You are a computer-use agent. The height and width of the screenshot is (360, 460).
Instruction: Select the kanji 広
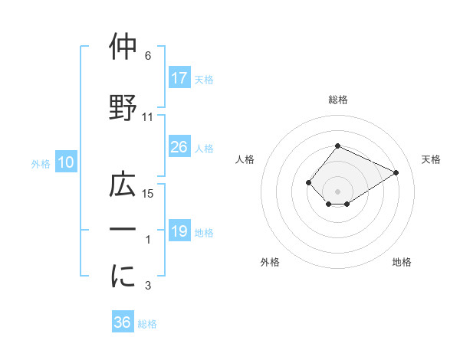123,185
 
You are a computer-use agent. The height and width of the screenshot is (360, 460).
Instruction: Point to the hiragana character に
123,277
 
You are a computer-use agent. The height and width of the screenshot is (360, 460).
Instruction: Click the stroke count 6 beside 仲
148,56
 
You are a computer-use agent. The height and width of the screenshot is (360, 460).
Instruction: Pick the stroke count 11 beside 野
148,117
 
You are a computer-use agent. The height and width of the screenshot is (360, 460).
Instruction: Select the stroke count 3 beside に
148,286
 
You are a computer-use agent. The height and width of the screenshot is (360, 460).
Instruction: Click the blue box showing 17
179,77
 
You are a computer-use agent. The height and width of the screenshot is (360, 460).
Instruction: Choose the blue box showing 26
179,147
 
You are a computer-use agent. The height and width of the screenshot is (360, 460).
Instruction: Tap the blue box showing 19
179,231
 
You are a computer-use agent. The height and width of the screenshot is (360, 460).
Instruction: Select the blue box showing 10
65,162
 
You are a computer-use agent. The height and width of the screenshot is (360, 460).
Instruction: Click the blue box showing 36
122,322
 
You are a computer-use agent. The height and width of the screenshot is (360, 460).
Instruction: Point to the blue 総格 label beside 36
148,323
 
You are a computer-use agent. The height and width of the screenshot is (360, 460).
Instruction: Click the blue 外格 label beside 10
41,163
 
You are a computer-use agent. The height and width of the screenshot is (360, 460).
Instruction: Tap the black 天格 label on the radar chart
431,159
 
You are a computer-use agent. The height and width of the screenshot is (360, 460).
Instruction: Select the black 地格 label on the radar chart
402,262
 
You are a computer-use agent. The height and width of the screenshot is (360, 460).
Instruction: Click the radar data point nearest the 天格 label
396,172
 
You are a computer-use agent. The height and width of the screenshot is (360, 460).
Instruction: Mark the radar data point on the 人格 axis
308,182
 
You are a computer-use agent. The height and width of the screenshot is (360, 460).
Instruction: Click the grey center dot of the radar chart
337,191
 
